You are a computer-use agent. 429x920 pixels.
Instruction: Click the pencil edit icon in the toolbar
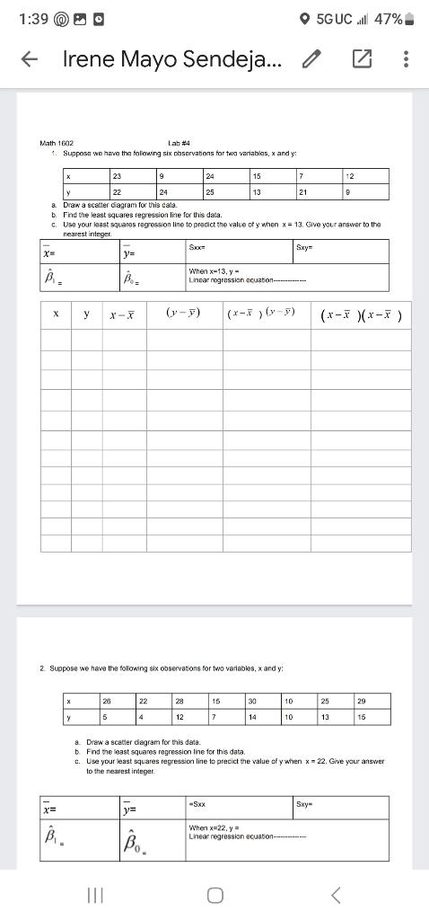point(311,59)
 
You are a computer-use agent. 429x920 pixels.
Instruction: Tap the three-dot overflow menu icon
point(406,59)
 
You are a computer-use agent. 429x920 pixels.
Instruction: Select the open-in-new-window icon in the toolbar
point(361,59)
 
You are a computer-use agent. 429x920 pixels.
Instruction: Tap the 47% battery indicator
point(396,18)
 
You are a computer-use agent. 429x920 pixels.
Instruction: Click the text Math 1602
point(57,143)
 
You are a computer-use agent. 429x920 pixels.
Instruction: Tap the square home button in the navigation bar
point(214,895)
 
